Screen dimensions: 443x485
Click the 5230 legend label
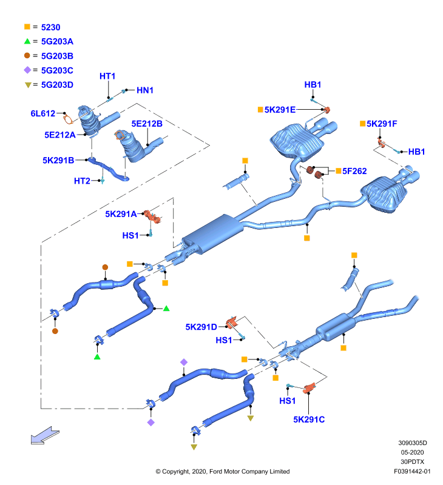click(x=51, y=27)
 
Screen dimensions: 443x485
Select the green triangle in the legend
click(x=27, y=41)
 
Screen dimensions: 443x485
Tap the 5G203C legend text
click(x=57, y=70)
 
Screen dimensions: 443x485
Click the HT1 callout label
click(x=107, y=76)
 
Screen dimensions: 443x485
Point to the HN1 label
click(x=145, y=90)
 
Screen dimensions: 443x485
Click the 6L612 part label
click(x=42, y=113)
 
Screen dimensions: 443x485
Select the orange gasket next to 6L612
click(x=68, y=118)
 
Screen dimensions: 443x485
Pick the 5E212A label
click(x=60, y=135)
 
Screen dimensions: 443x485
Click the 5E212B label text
click(x=147, y=124)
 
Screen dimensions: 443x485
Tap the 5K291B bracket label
click(x=58, y=160)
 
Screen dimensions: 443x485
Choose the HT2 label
click(x=82, y=181)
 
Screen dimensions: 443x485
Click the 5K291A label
click(x=121, y=214)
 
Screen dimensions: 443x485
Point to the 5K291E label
click(x=280, y=110)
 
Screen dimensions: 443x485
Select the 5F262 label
click(x=354, y=171)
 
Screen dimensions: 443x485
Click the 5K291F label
click(x=382, y=124)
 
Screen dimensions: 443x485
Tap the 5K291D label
click(x=201, y=327)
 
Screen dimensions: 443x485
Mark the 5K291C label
click(x=309, y=420)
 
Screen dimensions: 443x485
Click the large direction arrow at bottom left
click(x=45, y=435)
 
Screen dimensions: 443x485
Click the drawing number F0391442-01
click(x=412, y=472)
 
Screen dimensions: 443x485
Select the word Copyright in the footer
click(x=175, y=472)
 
